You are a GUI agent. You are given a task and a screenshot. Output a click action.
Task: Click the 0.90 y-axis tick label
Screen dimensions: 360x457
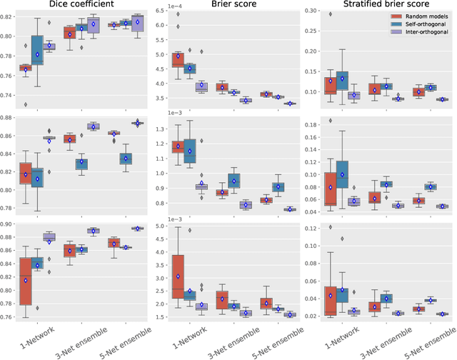coord(9,224)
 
